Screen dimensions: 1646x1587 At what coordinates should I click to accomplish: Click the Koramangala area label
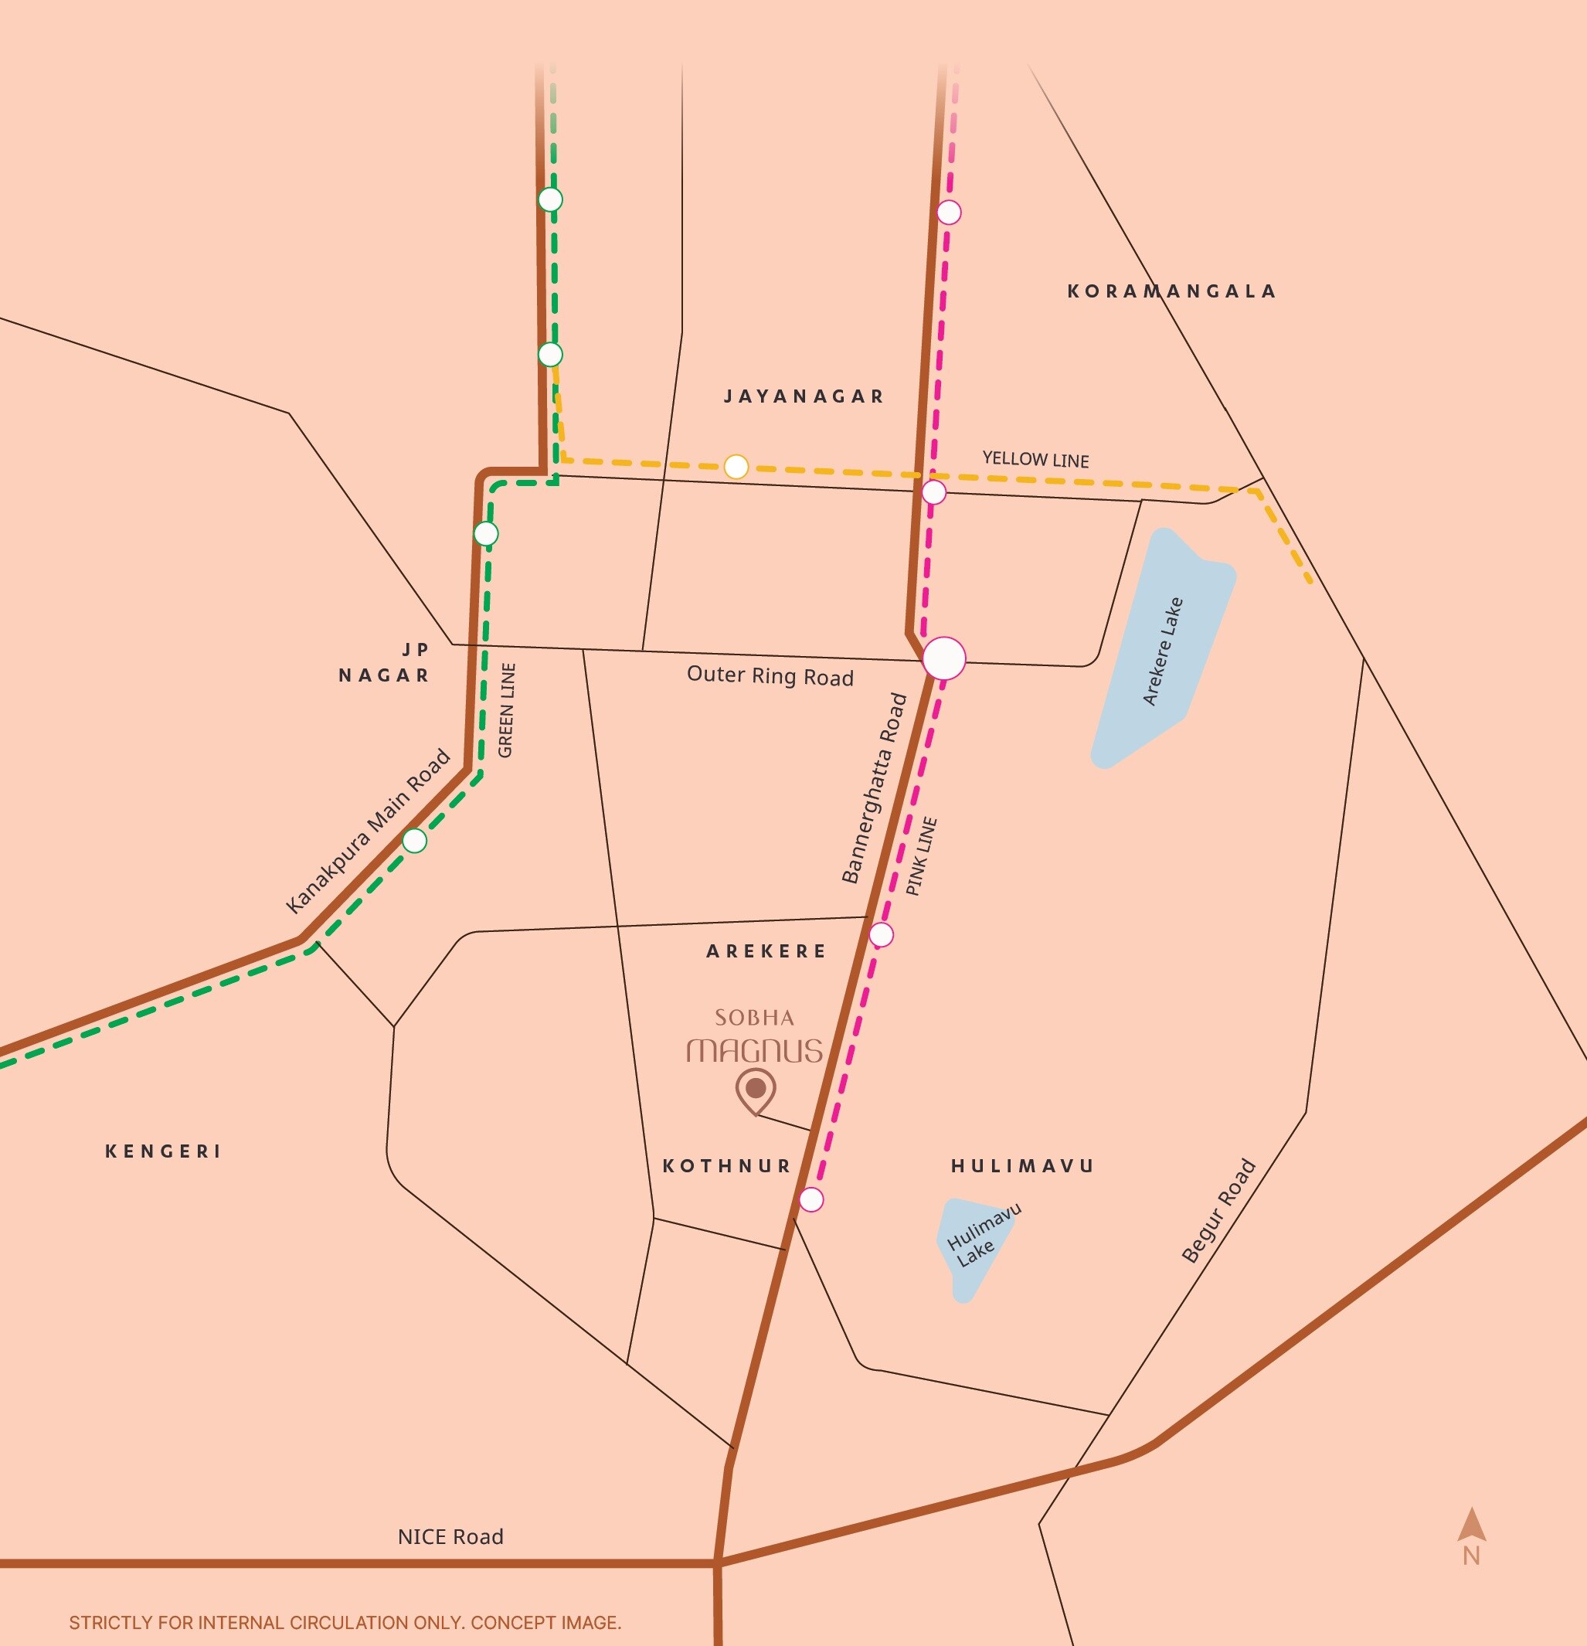1171,291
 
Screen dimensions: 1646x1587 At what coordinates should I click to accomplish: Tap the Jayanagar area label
804,396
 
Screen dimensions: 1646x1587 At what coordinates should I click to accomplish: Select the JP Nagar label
385,662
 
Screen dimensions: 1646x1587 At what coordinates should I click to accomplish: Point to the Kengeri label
164,1151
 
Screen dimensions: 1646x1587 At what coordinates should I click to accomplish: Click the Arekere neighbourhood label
766,951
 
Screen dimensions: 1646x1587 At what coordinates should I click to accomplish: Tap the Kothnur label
727,1165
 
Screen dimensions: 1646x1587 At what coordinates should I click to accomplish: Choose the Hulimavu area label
1022,1165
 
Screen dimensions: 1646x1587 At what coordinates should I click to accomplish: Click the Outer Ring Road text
770,676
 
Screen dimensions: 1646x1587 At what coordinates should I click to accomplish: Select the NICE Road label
451,1537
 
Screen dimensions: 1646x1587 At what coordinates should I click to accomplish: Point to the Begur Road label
1218,1210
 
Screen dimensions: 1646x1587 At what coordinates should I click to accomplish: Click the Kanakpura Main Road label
368,832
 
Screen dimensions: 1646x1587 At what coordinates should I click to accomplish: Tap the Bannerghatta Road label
875,788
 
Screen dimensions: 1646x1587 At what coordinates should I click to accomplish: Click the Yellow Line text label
1035,459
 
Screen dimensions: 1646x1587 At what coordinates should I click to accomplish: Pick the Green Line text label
506,710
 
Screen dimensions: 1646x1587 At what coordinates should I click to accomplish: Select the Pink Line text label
921,856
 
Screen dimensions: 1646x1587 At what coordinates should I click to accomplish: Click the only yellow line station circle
736,467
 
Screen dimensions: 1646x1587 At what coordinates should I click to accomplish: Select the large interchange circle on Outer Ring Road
944,658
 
